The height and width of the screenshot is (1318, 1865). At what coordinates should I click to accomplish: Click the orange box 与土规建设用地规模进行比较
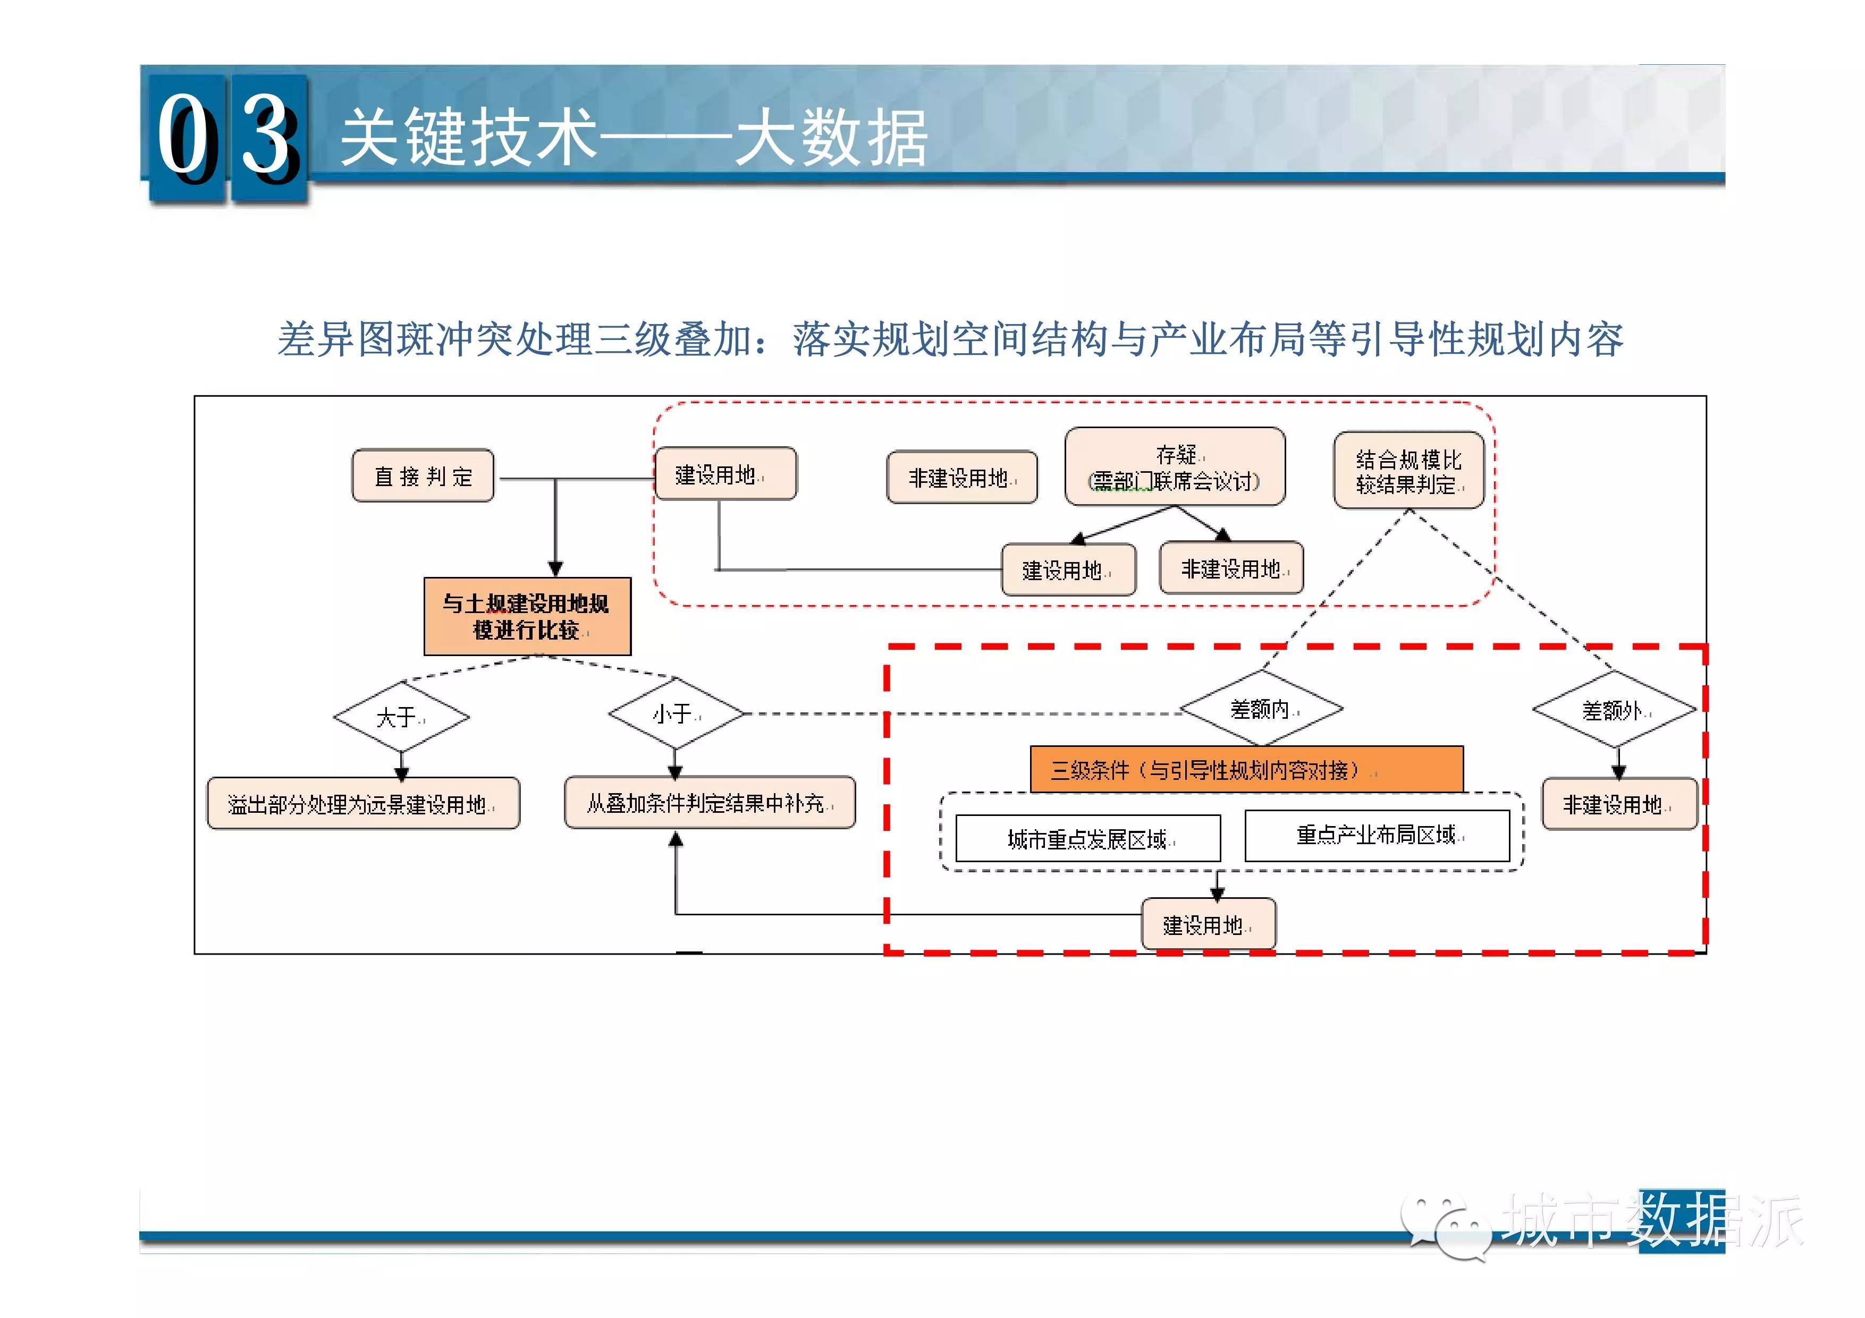527,616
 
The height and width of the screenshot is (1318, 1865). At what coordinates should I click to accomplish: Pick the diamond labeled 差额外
1614,710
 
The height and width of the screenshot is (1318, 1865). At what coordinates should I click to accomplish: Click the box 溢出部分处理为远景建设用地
363,803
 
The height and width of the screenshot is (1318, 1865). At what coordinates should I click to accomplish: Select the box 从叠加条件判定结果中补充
709,802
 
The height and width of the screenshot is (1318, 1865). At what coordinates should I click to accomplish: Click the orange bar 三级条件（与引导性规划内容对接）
1247,769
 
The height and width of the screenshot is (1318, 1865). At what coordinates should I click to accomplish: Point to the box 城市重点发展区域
1087,838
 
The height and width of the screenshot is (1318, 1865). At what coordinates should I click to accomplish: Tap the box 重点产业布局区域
1377,835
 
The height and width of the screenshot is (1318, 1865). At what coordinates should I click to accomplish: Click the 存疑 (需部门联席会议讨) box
1175,467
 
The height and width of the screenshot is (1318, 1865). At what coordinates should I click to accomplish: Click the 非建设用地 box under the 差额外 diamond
1619,804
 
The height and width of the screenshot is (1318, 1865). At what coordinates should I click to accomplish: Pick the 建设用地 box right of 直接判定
725,473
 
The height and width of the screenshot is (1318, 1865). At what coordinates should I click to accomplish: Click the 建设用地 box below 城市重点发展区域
1209,923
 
